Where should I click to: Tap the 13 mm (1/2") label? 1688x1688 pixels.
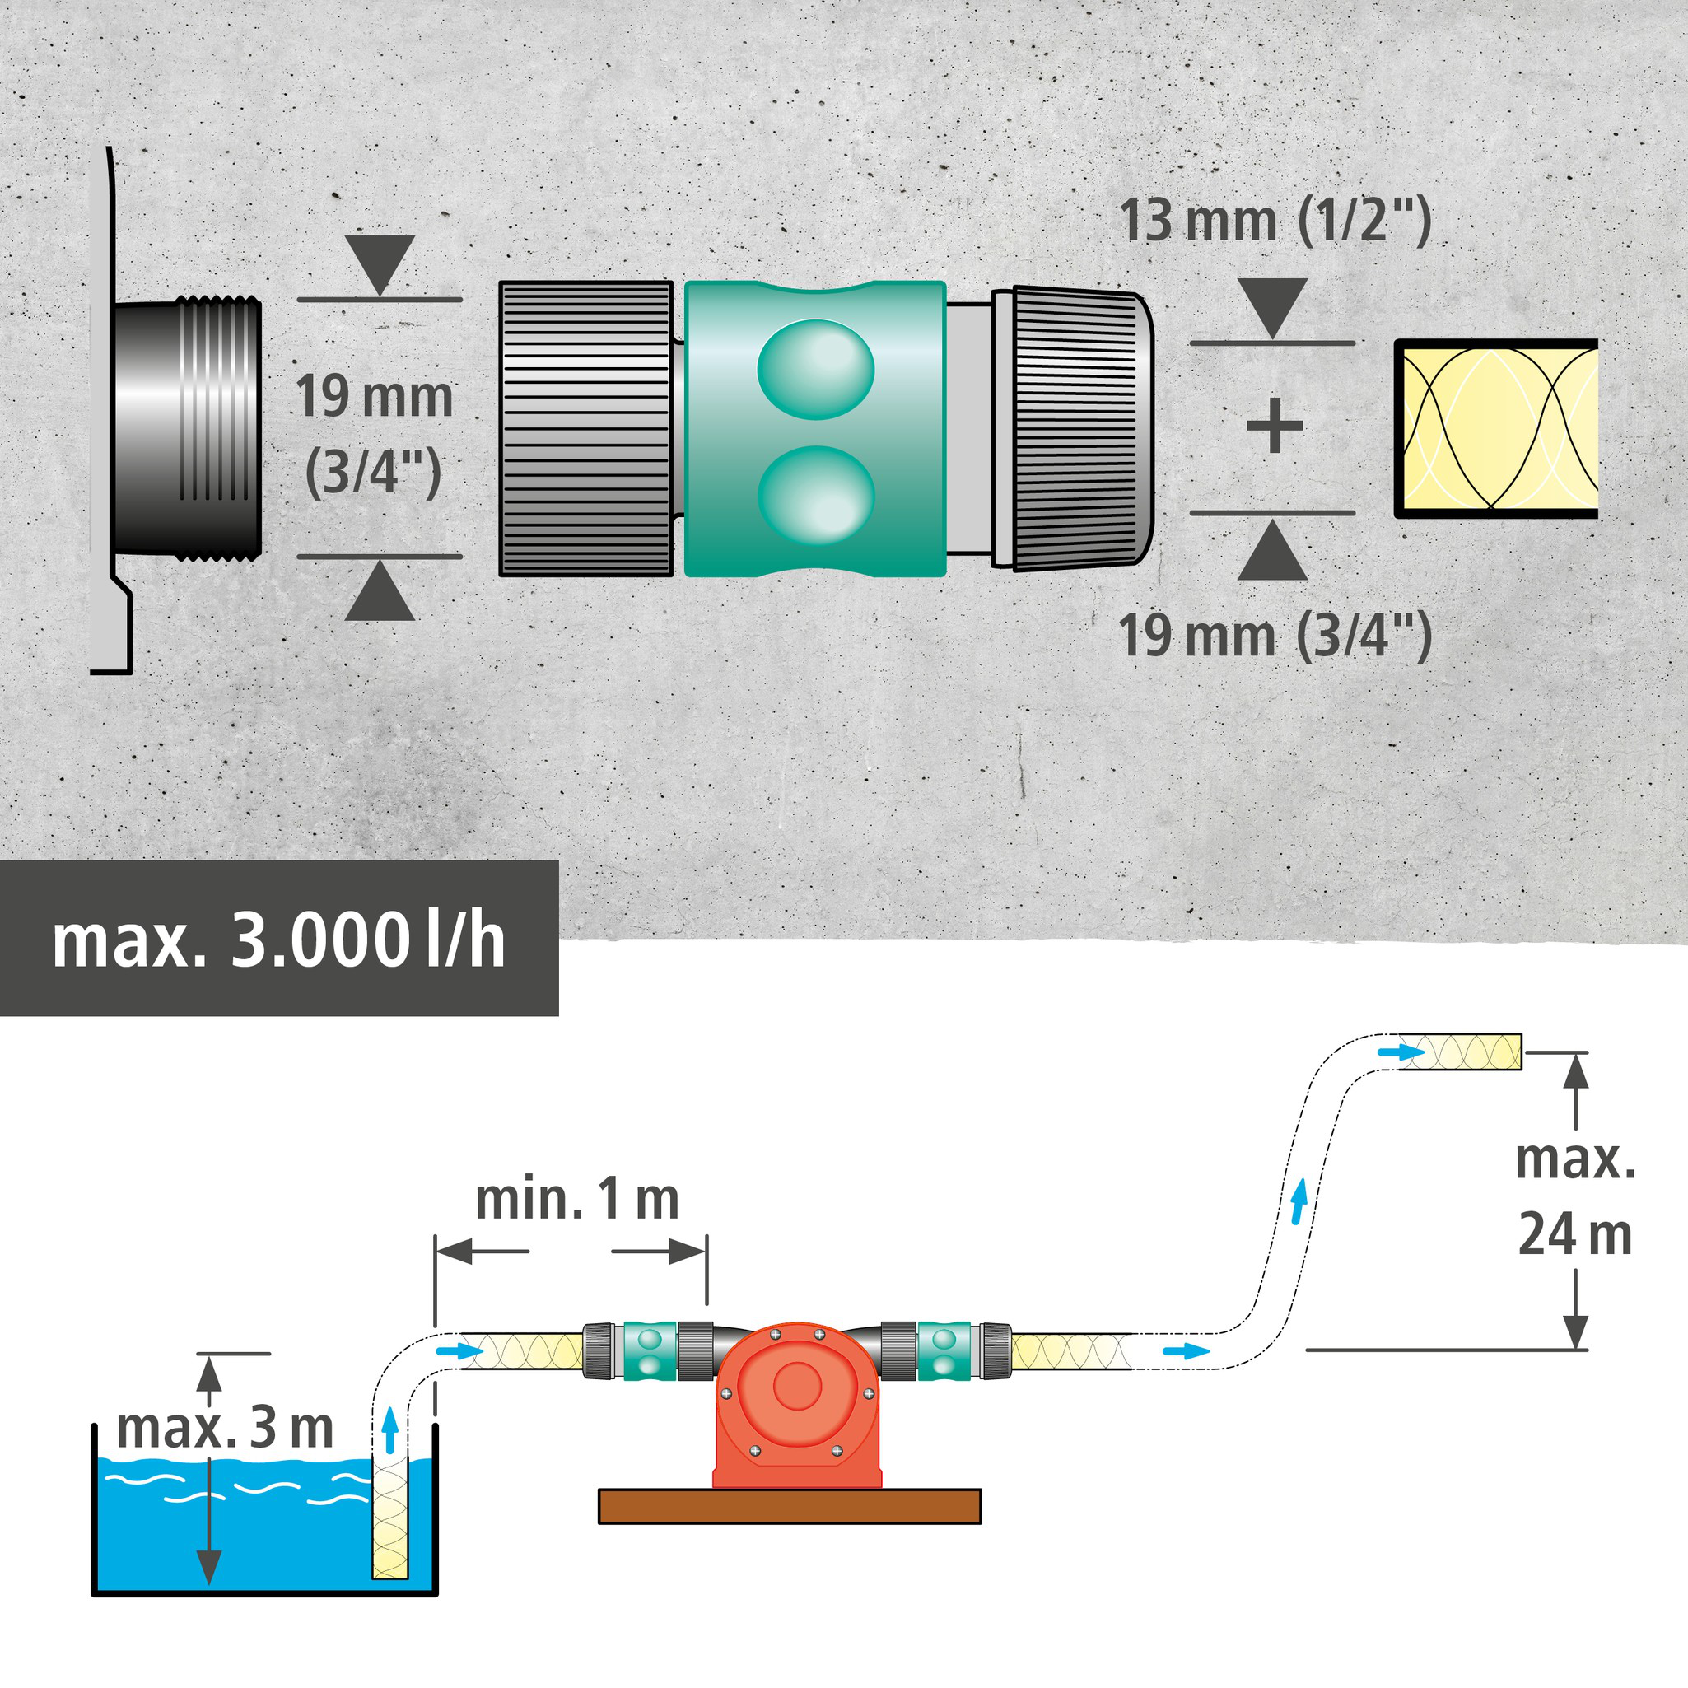click(1275, 221)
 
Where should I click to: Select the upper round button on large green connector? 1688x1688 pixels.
click(815, 368)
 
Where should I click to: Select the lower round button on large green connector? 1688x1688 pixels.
click(815, 496)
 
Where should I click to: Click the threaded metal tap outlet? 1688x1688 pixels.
click(187, 427)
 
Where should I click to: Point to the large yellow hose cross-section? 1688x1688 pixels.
click(1496, 428)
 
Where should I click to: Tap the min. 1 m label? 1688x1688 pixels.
click(576, 1200)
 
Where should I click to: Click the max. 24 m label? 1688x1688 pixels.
click(1574, 1198)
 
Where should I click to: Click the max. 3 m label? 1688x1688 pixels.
click(225, 1428)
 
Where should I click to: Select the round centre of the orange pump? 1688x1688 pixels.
click(797, 1386)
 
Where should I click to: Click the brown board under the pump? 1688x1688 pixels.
click(789, 1506)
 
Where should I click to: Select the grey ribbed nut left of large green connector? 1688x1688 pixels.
click(585, 428)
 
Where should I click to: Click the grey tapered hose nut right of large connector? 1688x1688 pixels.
click(1082, 428)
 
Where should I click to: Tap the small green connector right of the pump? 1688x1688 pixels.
click(944, 1350)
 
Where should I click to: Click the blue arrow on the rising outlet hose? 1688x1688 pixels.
click(1299, 1201)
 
